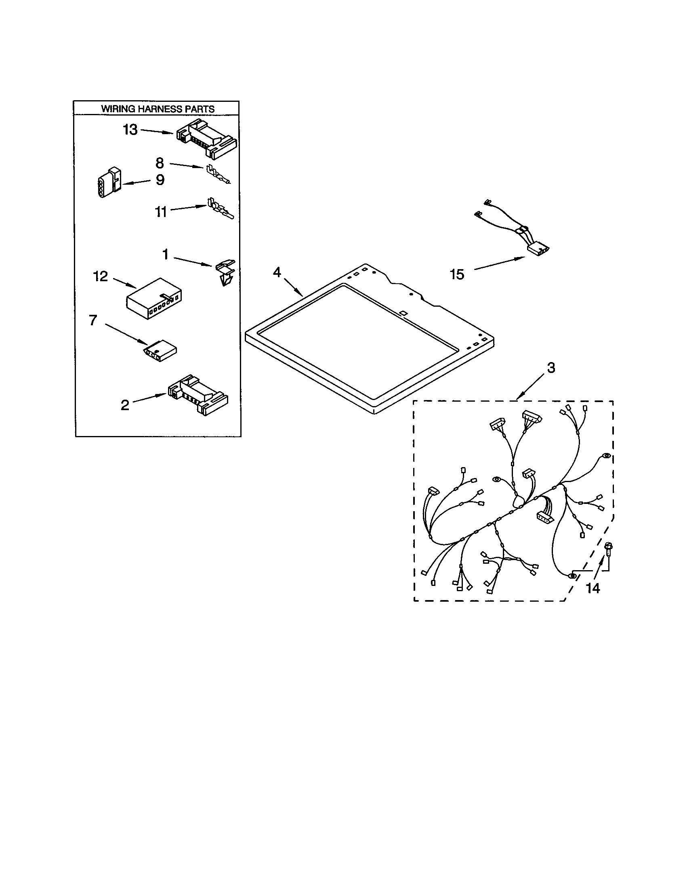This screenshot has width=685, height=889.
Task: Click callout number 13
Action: [x=130, y=130]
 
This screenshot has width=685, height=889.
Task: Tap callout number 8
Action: [x=160, y=163]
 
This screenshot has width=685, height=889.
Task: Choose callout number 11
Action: [x=161, y=212]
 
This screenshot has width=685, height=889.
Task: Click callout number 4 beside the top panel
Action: [x=277, y=272]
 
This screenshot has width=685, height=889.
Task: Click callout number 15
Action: [x=457, y=274]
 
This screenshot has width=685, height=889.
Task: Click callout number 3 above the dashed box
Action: [x=551, y=368]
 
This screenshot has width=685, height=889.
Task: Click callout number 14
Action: [x=593, y=588]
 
